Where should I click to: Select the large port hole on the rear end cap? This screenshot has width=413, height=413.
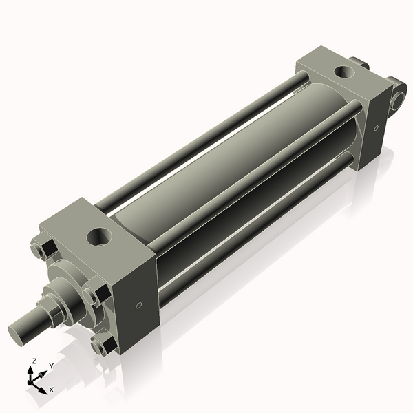click(342, 71)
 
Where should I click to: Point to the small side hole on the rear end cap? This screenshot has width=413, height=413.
click(377, 127)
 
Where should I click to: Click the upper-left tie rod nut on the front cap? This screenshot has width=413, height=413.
click(41, 248)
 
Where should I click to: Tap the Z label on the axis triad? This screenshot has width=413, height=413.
click(33, 361)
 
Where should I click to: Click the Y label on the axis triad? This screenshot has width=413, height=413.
click(51, 366)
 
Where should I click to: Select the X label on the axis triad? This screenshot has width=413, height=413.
click(50, 390)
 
